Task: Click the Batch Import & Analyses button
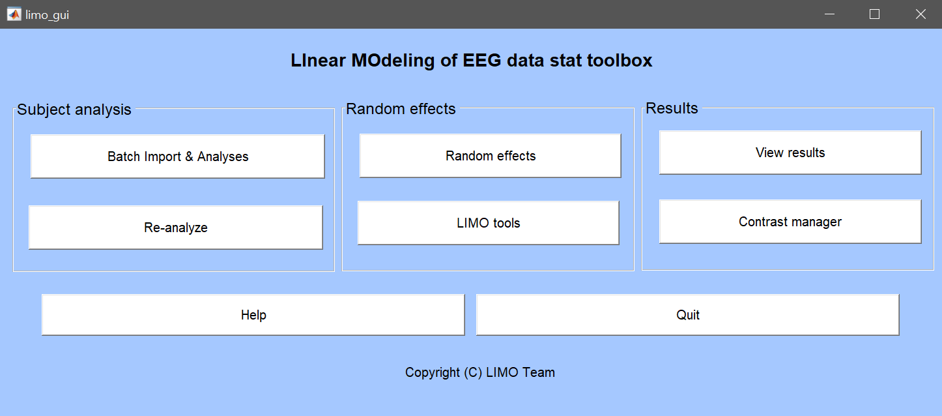177,156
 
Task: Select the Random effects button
491,156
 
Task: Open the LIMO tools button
488,223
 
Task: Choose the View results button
790,153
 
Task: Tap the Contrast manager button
790,222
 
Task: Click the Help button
253,315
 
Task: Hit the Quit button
687,315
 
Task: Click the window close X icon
921,14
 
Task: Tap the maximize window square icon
874,14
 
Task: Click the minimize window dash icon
829,14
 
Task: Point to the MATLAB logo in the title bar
14,14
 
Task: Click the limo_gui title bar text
47,15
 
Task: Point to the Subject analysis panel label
74,110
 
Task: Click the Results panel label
672,108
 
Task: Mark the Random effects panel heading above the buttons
401,109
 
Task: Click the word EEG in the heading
482,61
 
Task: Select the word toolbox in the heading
620,61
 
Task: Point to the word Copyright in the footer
433,372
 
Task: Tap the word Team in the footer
539,372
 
